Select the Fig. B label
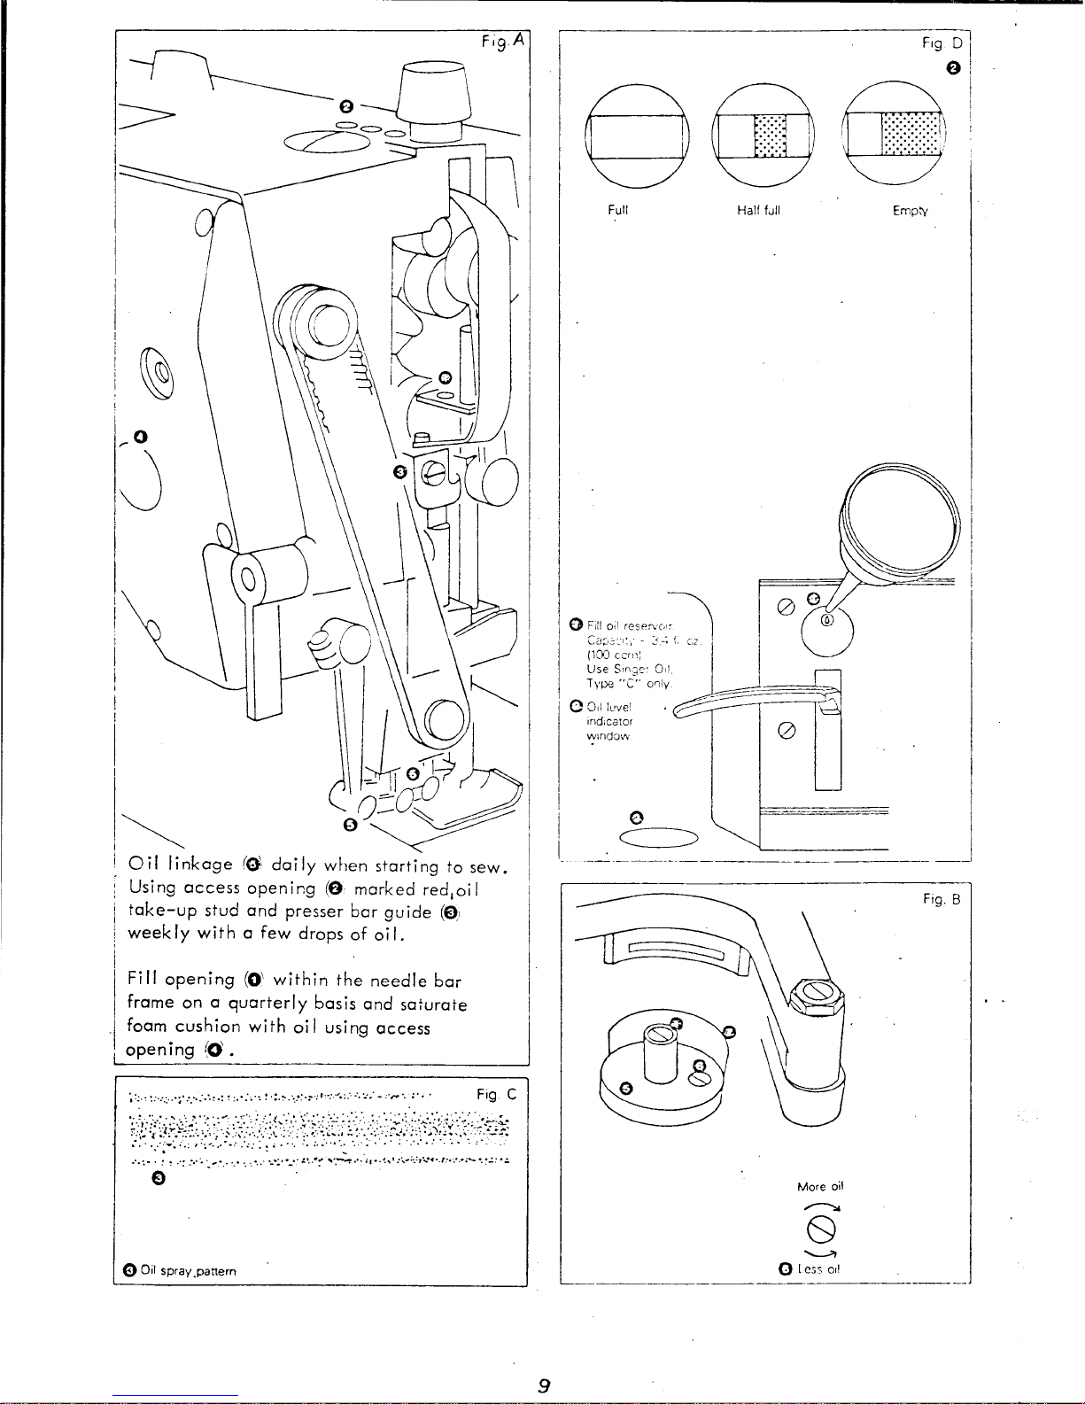click(942, 899)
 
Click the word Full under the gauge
click(617, 211)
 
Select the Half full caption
click(758, 211)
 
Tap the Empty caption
click(911, 211)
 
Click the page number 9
click(544, 1386)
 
